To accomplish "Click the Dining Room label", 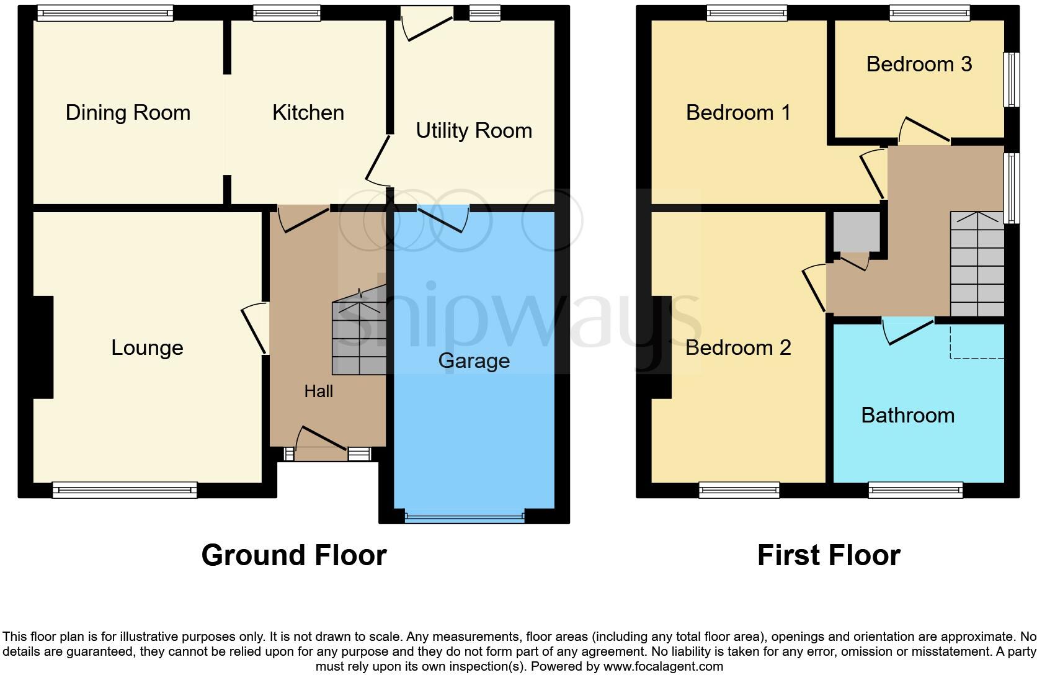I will [128, 112].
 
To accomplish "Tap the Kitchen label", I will [308, 112].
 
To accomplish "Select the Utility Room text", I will [474, 130].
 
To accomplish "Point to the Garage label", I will [474, 360].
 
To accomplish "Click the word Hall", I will [318, 391].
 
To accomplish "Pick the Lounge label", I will [147, 347].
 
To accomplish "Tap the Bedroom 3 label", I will [919, 64].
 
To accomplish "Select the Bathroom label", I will [907, 415].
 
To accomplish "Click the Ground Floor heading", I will [294, 555].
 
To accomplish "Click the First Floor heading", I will [829, 555].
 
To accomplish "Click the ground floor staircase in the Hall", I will [358, 338].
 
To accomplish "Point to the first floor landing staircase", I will [977, 264].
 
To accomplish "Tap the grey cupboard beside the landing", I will [857, 231].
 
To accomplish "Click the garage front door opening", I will [465, 516].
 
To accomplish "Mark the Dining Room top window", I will [104, 13].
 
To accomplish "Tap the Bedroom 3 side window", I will [1012, 79].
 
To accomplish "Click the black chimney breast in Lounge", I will [43, 347].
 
